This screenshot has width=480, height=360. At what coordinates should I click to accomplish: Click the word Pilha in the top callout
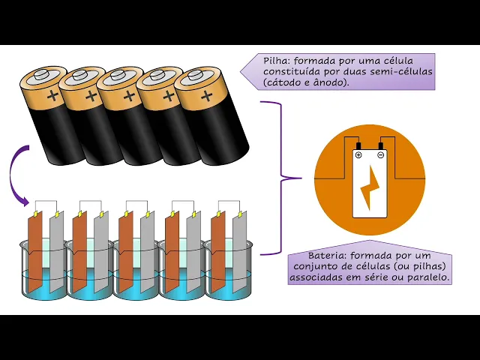[x=276, y=60]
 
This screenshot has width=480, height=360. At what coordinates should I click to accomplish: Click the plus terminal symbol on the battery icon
[x=358, y=155]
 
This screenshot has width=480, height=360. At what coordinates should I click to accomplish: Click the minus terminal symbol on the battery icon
[x=381, y=155]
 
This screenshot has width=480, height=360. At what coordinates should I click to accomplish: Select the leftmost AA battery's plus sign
[x=52, y=97]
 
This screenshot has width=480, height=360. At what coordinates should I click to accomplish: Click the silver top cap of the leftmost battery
[x=41, y=76]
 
